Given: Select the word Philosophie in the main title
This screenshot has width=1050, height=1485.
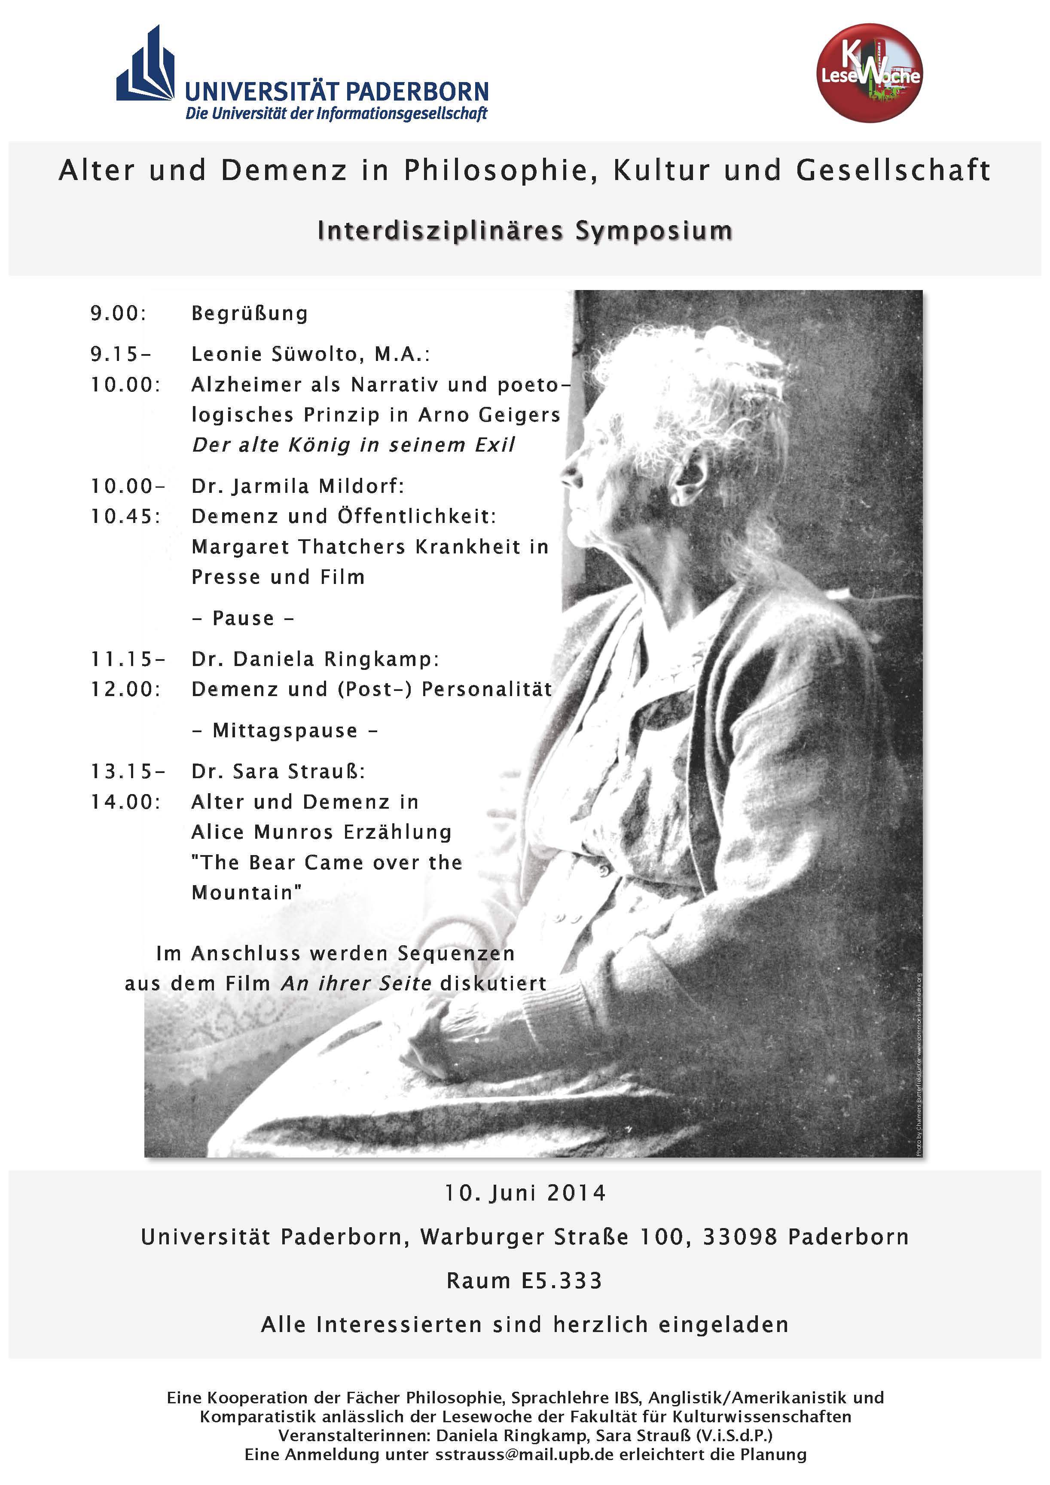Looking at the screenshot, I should [x=500, y=170].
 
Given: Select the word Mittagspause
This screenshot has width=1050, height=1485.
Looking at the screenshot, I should [x=284, y=731].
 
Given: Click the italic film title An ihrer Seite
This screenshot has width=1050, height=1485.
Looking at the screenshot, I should [x=356, y=984].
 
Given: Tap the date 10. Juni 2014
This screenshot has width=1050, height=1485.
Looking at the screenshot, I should [x=525, y=1193].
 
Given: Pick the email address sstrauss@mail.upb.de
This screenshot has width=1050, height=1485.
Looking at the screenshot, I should [x=524, y=1454].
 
